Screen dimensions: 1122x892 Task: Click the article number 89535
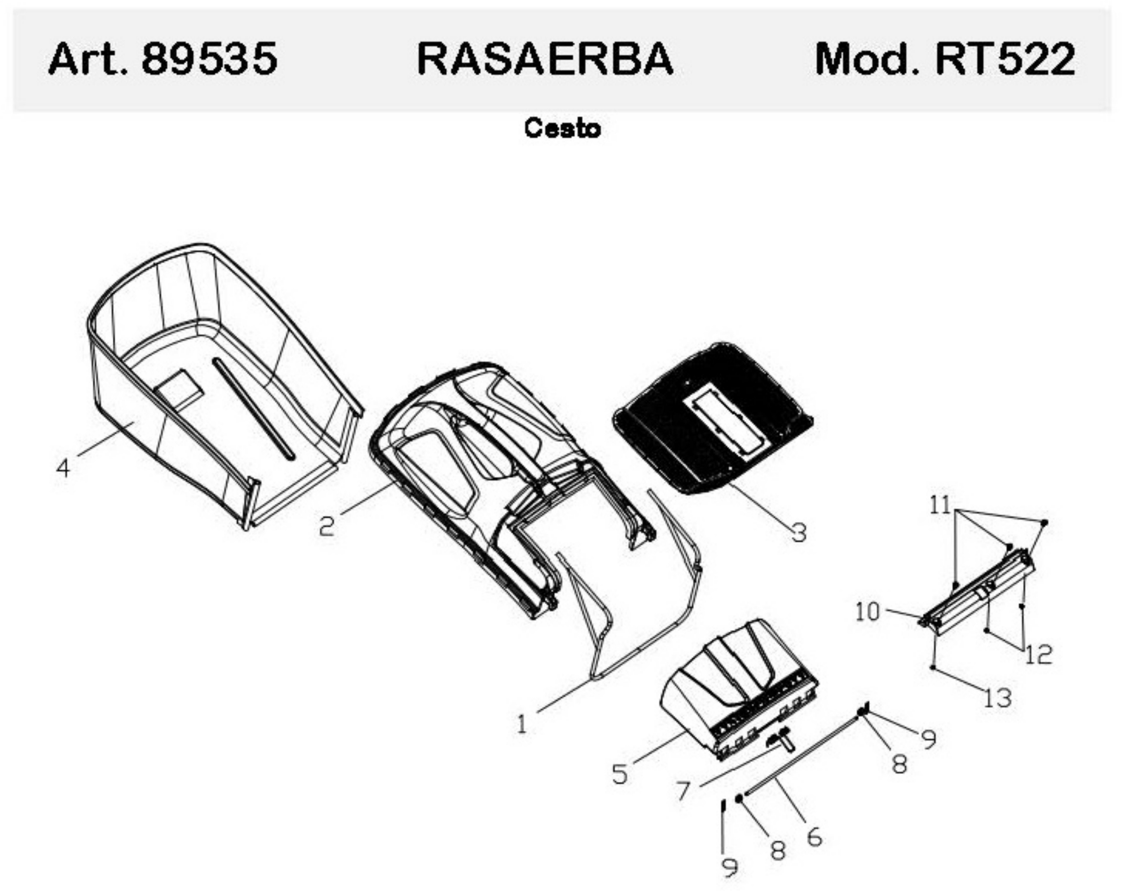(x=209, y=58)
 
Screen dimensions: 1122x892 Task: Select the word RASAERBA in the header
(x=545, y=58)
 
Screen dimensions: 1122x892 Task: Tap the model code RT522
(x=1005, y=58)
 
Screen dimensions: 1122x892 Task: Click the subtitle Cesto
(x=562, y=128)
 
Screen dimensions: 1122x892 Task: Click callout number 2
(x=327, y=526)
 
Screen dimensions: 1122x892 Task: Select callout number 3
(x=799, y=532)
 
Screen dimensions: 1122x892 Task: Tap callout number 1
(x=522, y=724)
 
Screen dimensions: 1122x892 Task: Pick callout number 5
(x=620, y=774)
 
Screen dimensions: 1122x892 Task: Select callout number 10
(x=867, y=612)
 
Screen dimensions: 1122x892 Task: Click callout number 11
(x=940, y=505)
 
